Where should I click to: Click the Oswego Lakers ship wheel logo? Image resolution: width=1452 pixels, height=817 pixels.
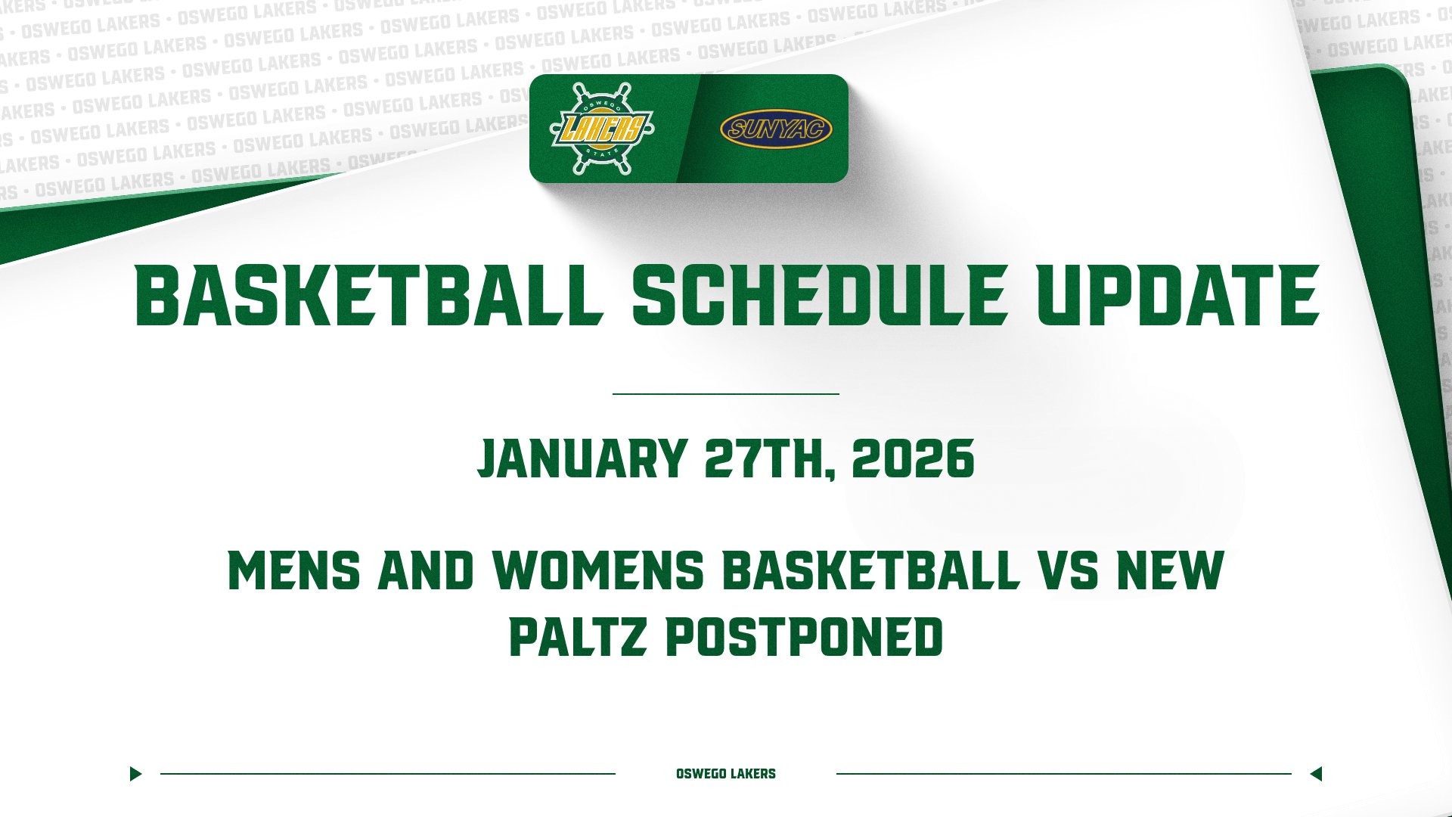tap(602, 128)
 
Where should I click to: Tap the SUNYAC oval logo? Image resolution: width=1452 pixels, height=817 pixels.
tap(776, 129)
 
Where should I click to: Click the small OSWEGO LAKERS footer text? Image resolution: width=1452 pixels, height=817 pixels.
tap(726, 774)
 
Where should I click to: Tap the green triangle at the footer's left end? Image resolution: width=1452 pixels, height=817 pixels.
tap(135, 774)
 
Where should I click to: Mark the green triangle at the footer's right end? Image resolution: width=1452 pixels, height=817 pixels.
tap(1316, 774)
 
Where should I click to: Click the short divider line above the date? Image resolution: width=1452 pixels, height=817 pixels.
tap(726, 394)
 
